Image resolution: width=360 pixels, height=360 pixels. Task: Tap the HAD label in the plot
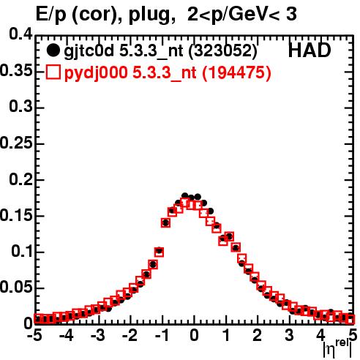(310, 50)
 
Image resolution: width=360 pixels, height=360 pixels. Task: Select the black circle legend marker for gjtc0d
(53, 50)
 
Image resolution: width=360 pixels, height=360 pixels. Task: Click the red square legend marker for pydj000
(53, 72)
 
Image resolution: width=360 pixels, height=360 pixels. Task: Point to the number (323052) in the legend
(223, 51)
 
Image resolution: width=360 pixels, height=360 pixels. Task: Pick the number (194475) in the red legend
(236, 73)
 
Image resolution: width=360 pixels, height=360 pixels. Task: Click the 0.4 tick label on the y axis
(20, 34)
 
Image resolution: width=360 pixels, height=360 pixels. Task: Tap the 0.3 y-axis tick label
(20, 106)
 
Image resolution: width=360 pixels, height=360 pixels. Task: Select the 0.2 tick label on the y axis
(20, 179)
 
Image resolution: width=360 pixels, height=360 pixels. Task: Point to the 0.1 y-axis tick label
(21, 251)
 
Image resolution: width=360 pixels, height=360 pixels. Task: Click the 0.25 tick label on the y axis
(16, 143)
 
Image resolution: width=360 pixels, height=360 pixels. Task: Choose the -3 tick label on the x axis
(98, 335)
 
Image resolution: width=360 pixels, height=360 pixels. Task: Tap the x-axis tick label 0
(194, 335)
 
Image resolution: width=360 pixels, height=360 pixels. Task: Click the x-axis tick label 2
(258, 335)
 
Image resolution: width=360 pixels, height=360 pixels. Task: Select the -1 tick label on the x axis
(162, 335)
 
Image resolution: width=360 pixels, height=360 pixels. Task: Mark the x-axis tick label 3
(289, 335)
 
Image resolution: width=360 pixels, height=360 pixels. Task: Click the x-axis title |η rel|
(337, 349)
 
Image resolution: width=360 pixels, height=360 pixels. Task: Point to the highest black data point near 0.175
(185, 195)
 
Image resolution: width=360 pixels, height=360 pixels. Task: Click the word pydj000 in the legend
(96, 73)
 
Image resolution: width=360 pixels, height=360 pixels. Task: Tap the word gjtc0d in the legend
(89, 51)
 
